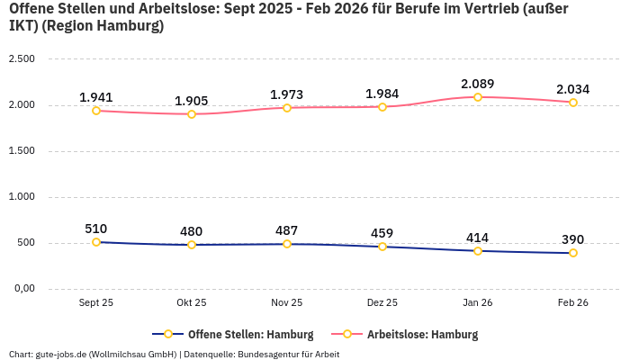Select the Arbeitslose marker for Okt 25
192,114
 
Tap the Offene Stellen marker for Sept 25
96,242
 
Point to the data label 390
572,239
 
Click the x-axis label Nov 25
287,303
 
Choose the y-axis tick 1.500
21,151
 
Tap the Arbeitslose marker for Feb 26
573,103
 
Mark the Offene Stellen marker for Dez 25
382,247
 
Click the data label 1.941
96,97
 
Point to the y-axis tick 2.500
21,59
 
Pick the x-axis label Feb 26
573,303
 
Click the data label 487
287,230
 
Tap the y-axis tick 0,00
22,289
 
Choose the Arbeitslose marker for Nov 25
287,108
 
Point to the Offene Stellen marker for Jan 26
478,251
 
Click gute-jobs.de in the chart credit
59,355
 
